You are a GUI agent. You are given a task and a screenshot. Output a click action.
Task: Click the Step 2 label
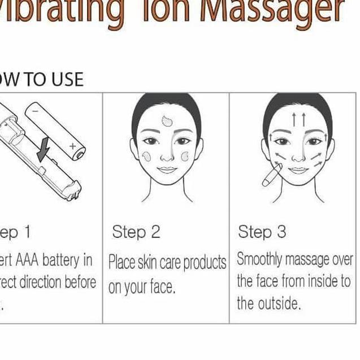(136, 232)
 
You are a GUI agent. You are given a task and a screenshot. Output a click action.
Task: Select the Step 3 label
(262, 232)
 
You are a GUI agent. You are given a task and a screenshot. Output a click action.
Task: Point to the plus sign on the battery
(72, 146)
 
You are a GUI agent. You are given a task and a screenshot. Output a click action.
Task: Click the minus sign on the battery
(36, 111)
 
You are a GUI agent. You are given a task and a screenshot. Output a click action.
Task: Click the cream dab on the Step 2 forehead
(167, 120)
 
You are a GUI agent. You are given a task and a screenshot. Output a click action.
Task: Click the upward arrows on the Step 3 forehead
(298, 119)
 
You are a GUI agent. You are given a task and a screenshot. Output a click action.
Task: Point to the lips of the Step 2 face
(167, 169)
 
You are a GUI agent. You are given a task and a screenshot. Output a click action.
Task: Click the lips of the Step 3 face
(298, 169)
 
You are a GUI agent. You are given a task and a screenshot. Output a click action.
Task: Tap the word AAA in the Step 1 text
(25, 260)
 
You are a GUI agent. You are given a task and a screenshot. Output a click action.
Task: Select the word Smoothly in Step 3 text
(259, 260)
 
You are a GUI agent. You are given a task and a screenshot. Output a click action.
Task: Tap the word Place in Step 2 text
(121, 262)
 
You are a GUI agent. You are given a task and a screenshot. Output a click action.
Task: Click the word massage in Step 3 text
(306, 260)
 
